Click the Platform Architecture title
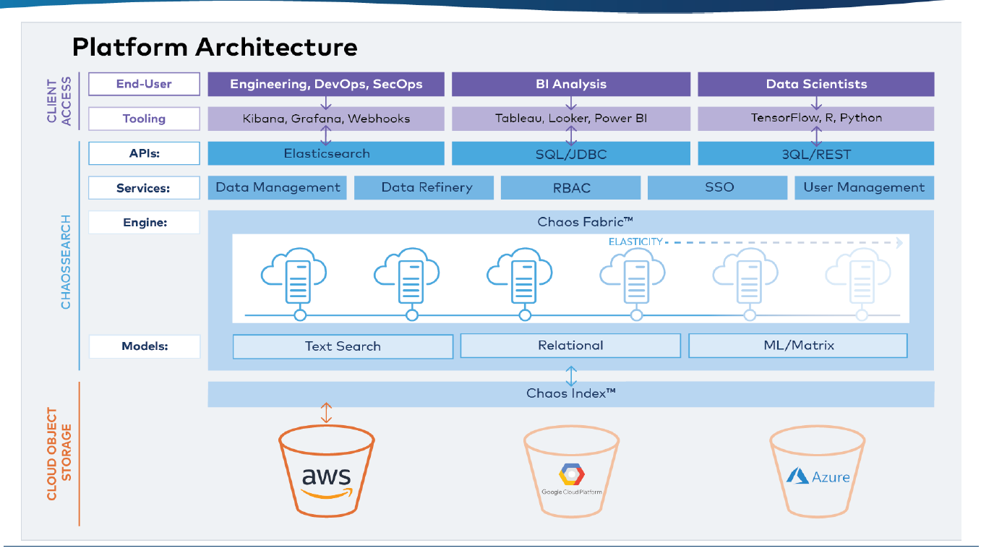[215, 47]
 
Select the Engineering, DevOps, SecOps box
[326, 84]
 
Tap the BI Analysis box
[571, 84]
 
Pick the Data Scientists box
[816, 84]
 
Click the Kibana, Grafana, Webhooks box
[326, 119]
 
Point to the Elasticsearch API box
[326, 153]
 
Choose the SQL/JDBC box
[571, 153]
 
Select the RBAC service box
[570, 188]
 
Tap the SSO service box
[717, 188]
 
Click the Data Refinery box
[424, 188]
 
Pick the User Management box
[864, 188]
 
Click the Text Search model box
[343, 346]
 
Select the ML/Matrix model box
[798, 346]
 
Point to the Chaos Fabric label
[585, 222]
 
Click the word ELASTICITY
[635, 242]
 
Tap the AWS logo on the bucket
[327, 482]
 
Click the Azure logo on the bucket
[818, 476]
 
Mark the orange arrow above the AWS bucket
[326, 413]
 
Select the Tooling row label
[144, 119]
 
